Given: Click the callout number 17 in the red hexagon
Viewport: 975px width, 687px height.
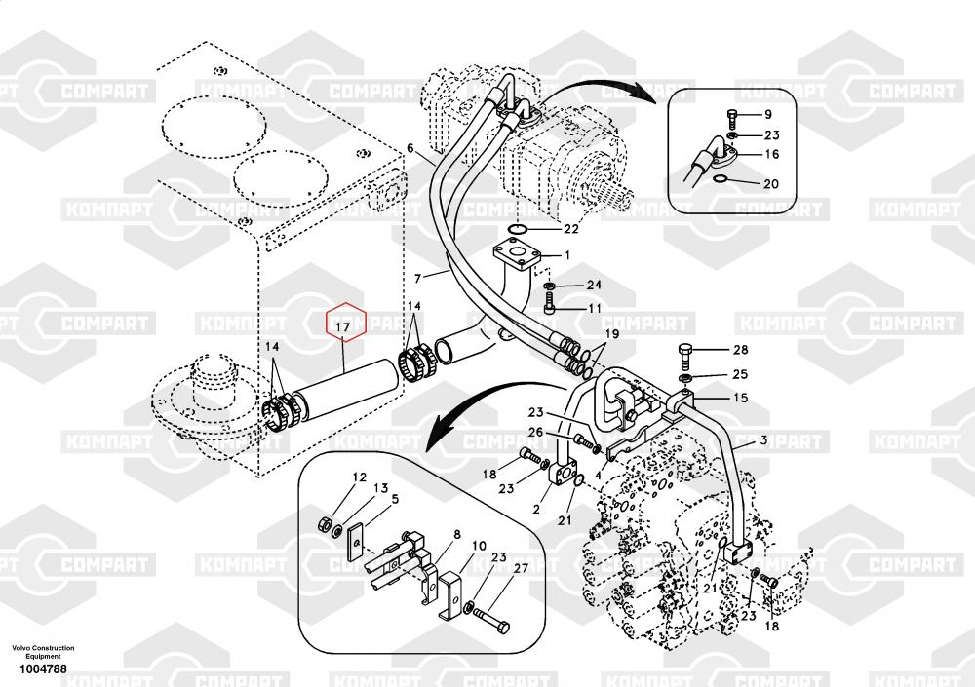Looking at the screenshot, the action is [x=343, y=326].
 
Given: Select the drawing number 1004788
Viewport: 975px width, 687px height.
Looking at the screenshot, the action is [x=43, y=669].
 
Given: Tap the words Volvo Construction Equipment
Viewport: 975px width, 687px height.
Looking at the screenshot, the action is [x=43, y=652].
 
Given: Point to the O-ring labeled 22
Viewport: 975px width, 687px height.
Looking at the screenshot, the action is [x=517, y=230].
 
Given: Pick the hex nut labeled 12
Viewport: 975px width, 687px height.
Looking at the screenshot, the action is [x=324, y=523].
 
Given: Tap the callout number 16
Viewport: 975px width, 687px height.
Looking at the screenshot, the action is [x=771, y=154].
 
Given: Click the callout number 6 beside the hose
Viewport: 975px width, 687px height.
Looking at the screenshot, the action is [x=410, y=148].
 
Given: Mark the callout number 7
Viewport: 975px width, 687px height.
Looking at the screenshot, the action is [x=418, y=279].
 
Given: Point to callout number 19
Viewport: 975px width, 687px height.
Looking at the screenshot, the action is [x=612, y=334].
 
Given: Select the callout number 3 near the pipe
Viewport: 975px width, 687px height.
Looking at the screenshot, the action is [x=763, y=440].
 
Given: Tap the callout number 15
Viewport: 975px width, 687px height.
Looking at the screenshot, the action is [x=741, y=398].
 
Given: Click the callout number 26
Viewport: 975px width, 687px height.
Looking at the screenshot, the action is [x=535, y=432].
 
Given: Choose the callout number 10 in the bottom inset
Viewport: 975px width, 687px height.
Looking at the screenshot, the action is [x=479, y=546].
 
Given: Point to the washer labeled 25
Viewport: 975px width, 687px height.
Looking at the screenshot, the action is [x=685, y=379].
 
